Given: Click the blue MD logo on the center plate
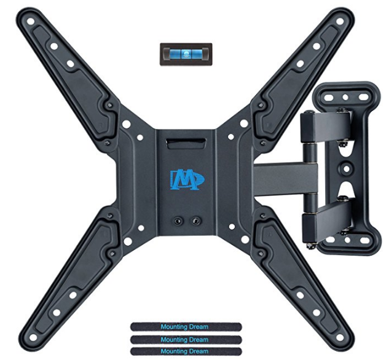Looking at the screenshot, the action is (187, 179).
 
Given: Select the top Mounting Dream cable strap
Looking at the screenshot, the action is (186, 327).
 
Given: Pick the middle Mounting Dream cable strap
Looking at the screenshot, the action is (186, 339).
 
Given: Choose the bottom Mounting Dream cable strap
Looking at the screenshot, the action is (186, 351).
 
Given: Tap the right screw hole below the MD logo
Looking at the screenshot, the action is (196, 221).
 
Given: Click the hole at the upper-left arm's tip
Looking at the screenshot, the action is (31, 22).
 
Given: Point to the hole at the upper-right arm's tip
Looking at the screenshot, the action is (340, 22).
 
